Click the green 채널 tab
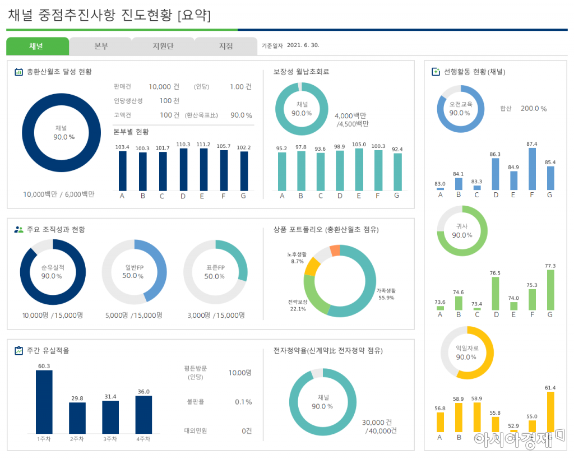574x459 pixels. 37,47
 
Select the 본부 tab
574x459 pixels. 101,47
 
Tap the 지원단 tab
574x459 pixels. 163,47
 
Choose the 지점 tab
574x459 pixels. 226,47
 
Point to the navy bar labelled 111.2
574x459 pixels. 203,170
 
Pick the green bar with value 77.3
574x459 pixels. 550,290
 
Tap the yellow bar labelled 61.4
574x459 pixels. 550,412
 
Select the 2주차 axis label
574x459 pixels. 77,439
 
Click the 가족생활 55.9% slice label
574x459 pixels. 386,294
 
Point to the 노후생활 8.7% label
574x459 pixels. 297,258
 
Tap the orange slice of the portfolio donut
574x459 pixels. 335,251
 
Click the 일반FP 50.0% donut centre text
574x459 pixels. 135,272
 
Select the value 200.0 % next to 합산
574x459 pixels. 533,109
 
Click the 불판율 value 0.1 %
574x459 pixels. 243,402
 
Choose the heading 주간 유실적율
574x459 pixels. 48,351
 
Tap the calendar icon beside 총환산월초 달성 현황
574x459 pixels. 18,72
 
